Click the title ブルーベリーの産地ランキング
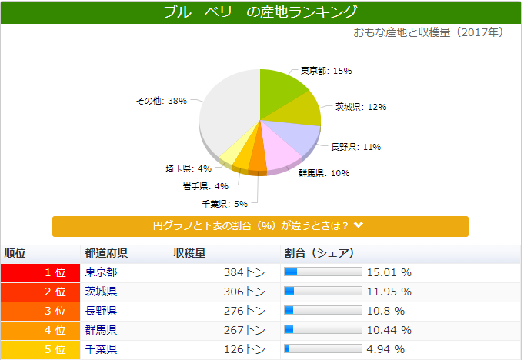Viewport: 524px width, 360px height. tap(261, 12)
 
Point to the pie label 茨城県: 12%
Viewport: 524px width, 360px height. tap(360, 107)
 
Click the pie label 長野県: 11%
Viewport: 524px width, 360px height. tap(355, 146)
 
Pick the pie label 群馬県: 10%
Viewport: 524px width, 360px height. tap(324, 173)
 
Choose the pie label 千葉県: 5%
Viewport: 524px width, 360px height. tap(225, 204)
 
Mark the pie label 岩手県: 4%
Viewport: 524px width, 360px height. tap(205, 186)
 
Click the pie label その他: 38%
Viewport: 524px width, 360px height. tap(162, 101)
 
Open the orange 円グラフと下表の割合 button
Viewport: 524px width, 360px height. tap(260, 226)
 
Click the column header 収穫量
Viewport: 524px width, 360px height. tap(189, 253)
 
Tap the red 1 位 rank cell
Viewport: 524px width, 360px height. tap(41, 272)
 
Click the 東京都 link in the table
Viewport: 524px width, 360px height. tap(101, 272)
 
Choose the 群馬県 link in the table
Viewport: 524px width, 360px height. tap(101, 330)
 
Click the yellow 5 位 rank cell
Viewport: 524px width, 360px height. tap(41, 350)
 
